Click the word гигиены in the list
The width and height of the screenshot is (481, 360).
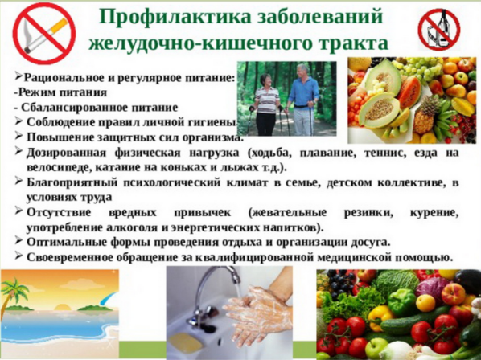(x=211, y=121)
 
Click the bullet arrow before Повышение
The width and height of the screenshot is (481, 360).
(x=18, y=137)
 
